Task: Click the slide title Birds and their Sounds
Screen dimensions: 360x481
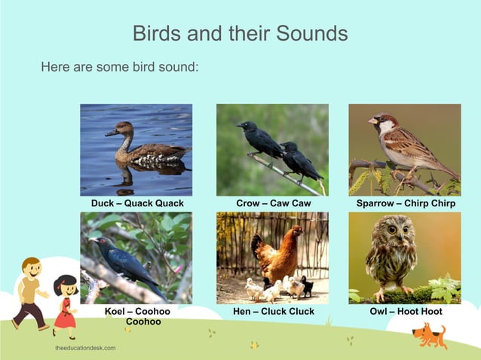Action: [x=240, y=33]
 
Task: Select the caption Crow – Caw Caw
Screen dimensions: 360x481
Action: [x=273, y=203]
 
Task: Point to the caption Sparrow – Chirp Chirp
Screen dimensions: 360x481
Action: [x=405, y=203]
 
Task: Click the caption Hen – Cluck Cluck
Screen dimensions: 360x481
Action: [x=272, y=311]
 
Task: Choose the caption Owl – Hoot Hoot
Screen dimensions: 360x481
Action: [x=405, y=311]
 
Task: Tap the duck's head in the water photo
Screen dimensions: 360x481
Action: [x=124, y=129]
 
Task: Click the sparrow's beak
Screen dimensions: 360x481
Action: [x=372, y=121]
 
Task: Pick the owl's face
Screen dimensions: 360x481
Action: [x=391, y=230]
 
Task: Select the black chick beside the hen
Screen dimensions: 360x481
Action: [x=307, y=287]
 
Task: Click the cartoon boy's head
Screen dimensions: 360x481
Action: [x=31, y=268]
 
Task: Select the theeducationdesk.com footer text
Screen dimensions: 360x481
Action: [x=85, y=349]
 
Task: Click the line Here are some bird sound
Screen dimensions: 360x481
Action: [x=119, y=67]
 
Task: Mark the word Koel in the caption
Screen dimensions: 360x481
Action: [x=115, y=311]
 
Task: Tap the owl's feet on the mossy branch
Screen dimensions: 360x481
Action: [x=390, y=289]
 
